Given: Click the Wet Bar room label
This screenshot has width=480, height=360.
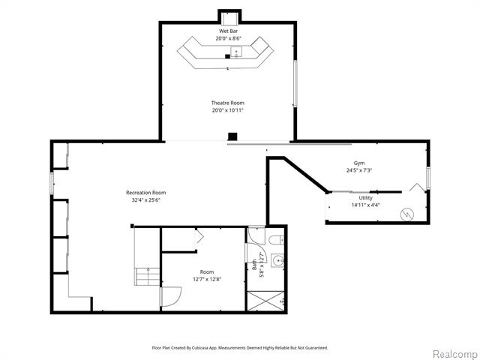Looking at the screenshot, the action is point(228,31).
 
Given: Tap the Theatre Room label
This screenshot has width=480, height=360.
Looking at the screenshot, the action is point(228,103).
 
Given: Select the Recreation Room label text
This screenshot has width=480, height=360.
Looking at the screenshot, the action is point(146,193).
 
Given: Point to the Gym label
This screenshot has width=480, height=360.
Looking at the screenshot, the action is point(359,163).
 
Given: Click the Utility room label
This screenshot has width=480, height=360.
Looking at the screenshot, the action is point(365,198).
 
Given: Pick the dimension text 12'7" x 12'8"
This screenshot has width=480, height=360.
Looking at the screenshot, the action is point(207,279).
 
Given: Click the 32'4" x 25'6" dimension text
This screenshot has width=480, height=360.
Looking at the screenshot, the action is point(144,200).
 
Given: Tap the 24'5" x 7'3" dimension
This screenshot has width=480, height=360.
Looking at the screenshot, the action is point(359,170).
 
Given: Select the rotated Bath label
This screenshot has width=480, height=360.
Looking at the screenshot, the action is point(254,265).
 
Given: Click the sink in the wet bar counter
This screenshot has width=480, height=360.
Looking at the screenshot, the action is point(236,52).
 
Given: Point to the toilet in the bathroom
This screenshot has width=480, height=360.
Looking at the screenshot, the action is point(277,240).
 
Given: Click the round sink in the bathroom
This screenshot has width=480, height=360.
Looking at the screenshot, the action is point(278,260).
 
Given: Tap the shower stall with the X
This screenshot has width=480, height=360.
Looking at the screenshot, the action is point(265,301).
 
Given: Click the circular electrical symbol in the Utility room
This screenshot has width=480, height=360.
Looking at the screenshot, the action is point(407,214).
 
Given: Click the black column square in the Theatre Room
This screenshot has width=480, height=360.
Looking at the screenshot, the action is point(232,136).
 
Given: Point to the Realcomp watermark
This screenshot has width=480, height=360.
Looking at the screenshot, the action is point(456,355).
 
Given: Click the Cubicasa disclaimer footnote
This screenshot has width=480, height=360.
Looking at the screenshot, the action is point(240,348).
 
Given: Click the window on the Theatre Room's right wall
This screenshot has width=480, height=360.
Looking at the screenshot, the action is point(295,83).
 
